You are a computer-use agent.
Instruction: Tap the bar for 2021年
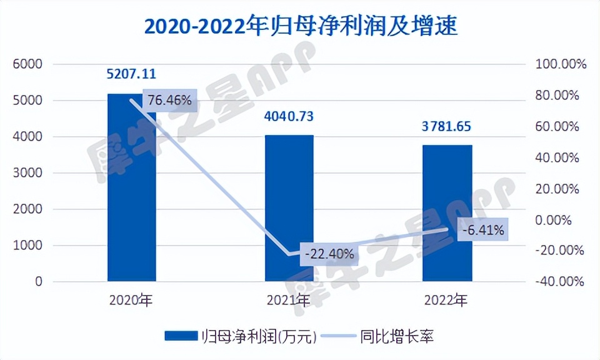point(289,209)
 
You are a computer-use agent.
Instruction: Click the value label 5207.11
point(131,74)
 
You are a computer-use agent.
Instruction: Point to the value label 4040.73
point(289,116)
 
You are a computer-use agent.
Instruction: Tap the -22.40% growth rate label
point(330,254)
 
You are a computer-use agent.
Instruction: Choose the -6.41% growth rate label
point(483,229)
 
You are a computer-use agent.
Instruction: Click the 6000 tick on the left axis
point(29,64)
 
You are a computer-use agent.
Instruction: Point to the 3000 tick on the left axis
point(29,173)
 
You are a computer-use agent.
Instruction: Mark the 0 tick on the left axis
point(38,282)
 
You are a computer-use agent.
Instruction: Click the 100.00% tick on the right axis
point(559,64)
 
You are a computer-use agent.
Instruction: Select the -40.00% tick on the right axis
point(559,282)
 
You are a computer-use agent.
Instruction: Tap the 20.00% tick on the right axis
point(559,189)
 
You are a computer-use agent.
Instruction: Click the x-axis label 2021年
point(289,301)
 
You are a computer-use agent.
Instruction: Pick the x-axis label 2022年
point(447,301)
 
